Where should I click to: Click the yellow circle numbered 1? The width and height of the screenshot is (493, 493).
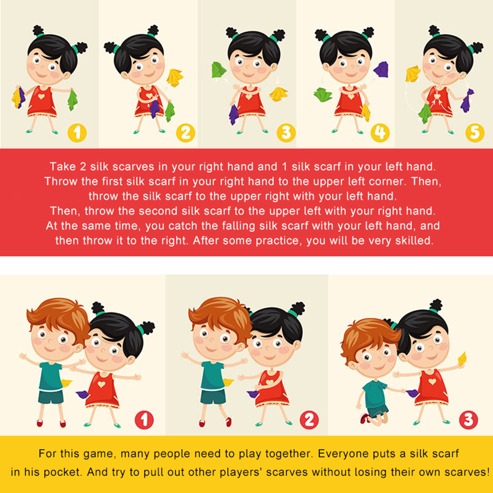pyautogui.click(x=77, y=133)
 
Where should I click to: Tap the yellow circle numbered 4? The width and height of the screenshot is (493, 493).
pyautogui.click(x=380, y=133)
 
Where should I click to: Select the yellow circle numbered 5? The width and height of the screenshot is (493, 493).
pyautogui.click(x=475, y=133)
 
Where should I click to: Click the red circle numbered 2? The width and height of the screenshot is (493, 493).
pyautogui.click(x=309, y=420)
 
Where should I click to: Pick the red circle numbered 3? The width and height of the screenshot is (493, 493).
pyautogui.click(x=468, y=420)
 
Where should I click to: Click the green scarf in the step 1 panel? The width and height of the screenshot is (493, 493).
pyautogui.click(x=73, y=100)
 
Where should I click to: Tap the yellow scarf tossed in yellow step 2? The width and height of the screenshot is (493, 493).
pyautogui.click(x=175, y=78)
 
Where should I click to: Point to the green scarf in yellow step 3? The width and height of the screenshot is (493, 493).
pyautogui.click(x=219, y=70)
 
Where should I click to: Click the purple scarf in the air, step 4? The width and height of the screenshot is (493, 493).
pyautogui.click(x=381, y=69)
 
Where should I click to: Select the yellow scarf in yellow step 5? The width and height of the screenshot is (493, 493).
pyautogui.click(x=413, y=74)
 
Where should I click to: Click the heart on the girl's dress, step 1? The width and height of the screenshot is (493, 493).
pyautogui.click(x=41, y=96)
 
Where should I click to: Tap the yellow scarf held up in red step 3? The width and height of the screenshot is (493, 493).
pyautogui.click(x=462, y=359)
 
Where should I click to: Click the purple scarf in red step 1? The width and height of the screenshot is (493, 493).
pyautogui.click(x=82, y=394)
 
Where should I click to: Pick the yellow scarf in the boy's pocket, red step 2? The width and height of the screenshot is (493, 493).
pyautogui.click(x=228, y=382)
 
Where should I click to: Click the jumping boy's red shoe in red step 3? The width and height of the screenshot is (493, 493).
pyautogui.click(x=365, y=419)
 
